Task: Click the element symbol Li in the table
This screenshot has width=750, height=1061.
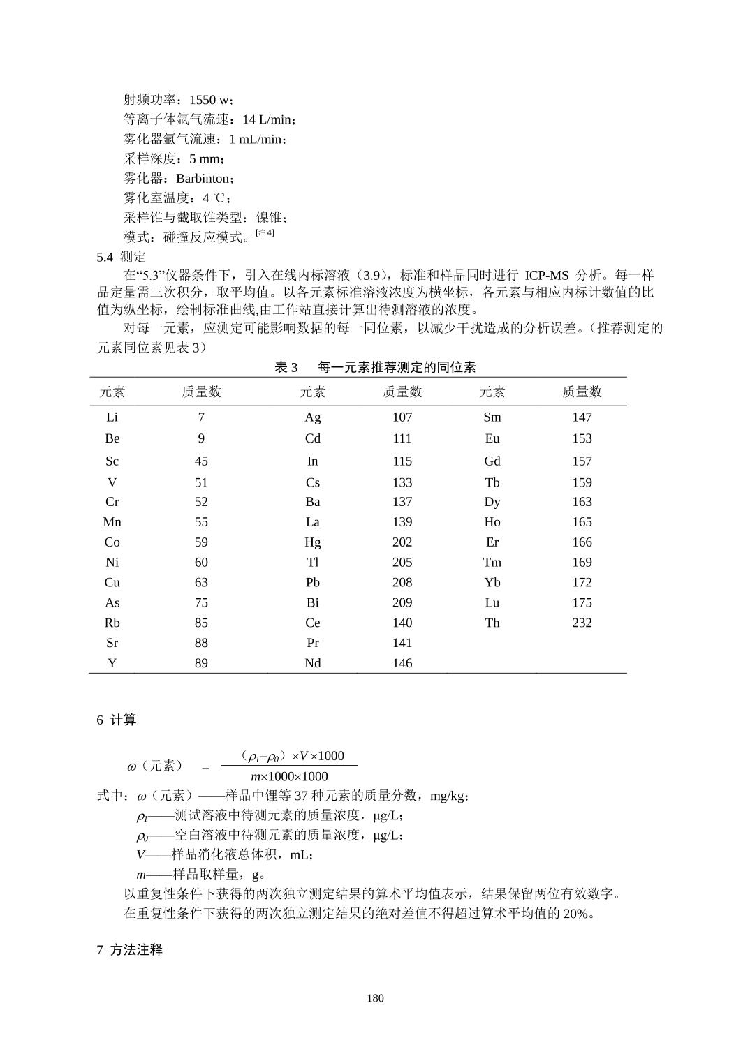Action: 112,417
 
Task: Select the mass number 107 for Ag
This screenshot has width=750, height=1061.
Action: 402,417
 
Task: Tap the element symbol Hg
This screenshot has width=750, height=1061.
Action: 312,542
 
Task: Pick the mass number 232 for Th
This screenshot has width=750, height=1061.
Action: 582,623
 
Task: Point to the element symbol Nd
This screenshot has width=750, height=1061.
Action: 312,663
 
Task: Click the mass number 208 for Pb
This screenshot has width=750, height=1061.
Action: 402,582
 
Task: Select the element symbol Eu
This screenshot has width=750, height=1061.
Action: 492,438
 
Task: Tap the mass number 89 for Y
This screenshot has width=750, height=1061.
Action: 201,663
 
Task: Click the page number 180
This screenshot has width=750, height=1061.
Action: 375,998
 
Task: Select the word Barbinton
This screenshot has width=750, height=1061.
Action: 202,179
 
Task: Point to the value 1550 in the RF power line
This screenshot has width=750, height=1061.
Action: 203,100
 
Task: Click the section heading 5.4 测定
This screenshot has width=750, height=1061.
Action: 121,257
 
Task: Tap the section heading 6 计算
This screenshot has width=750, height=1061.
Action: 116,720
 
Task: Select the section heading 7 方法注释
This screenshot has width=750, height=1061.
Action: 129,950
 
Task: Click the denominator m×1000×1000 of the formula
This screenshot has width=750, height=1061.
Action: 289,777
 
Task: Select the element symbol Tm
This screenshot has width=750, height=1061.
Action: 492,563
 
